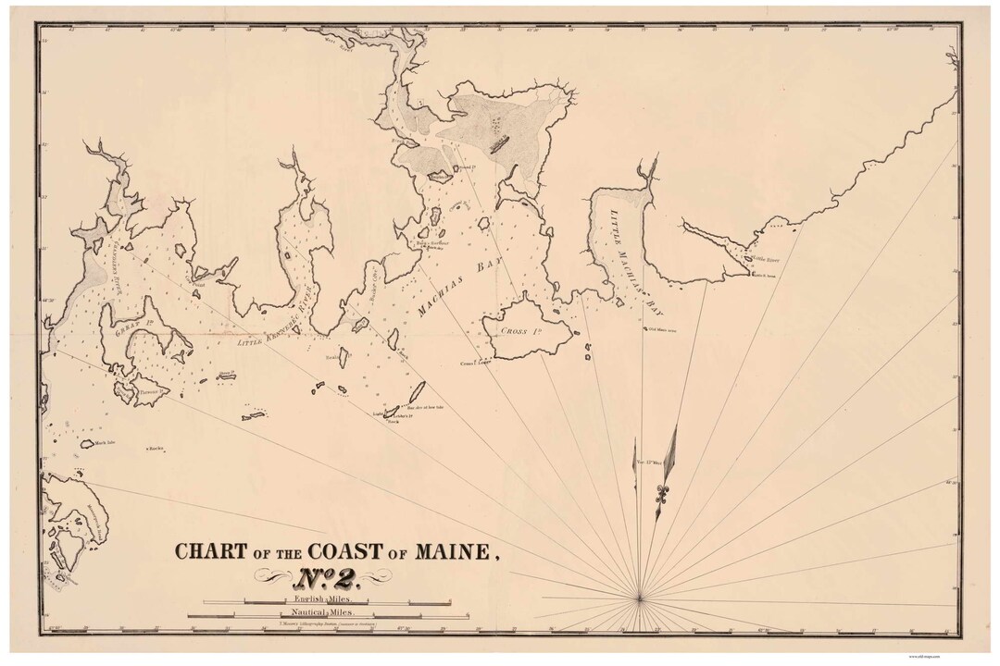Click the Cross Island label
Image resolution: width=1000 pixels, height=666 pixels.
point(516,331)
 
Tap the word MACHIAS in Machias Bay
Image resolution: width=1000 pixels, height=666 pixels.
point(437,298)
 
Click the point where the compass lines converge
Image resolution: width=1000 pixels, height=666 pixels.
point(640,598)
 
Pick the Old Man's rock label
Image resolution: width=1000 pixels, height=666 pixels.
point(662,328)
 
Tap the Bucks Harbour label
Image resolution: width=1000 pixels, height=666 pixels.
point(433,244)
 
